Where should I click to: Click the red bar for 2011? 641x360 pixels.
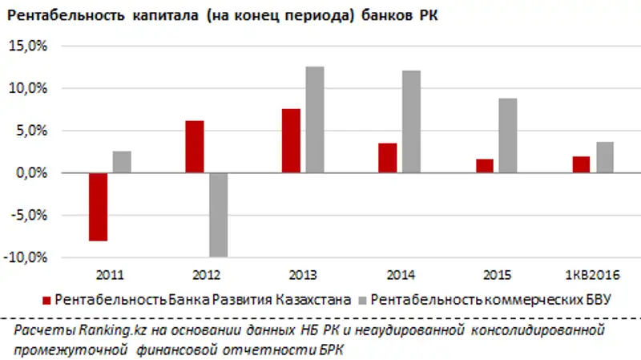[98, 206]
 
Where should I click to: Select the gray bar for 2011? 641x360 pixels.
[122, 162]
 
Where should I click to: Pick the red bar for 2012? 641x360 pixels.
[194, 147]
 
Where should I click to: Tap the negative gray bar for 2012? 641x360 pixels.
[218, 214]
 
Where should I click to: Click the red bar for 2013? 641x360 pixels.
[291, 140]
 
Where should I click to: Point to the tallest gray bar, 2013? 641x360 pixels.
[315, 119]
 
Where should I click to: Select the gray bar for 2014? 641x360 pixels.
[411, 121]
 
